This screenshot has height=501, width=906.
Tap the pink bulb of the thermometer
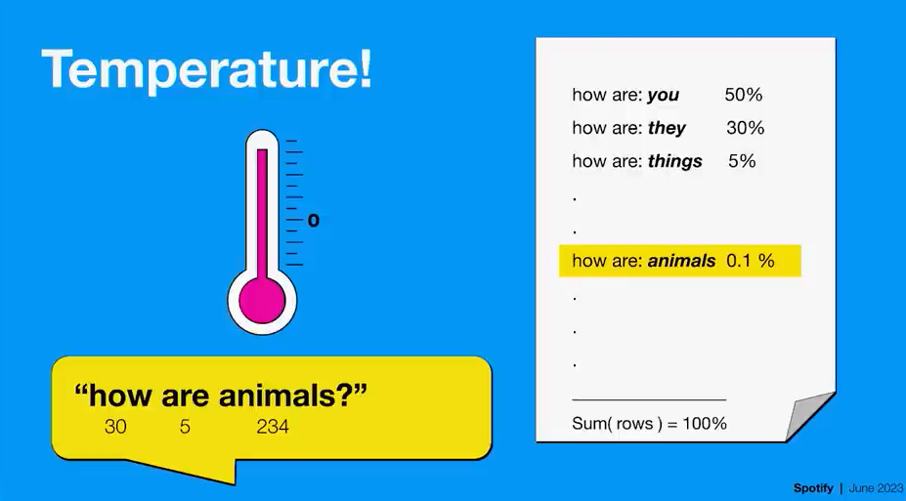262,301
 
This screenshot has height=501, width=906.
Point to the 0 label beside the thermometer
313,221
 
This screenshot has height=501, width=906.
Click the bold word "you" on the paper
663,96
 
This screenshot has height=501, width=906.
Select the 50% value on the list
744,95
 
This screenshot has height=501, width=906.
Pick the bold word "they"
667,128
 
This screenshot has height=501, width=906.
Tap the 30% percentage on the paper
746,128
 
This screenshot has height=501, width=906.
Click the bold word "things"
675,161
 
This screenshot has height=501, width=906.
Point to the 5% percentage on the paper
742,160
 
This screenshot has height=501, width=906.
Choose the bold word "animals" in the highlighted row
682,261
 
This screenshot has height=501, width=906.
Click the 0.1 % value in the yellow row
750,261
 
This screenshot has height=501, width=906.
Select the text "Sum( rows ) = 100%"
650,424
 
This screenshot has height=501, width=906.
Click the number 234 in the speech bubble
273,427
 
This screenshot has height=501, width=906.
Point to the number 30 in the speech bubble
115,427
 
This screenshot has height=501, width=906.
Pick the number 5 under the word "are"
185,427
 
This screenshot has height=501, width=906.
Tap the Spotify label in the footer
813,488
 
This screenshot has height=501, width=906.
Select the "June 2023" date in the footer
876,488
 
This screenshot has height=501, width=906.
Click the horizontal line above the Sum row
649,399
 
